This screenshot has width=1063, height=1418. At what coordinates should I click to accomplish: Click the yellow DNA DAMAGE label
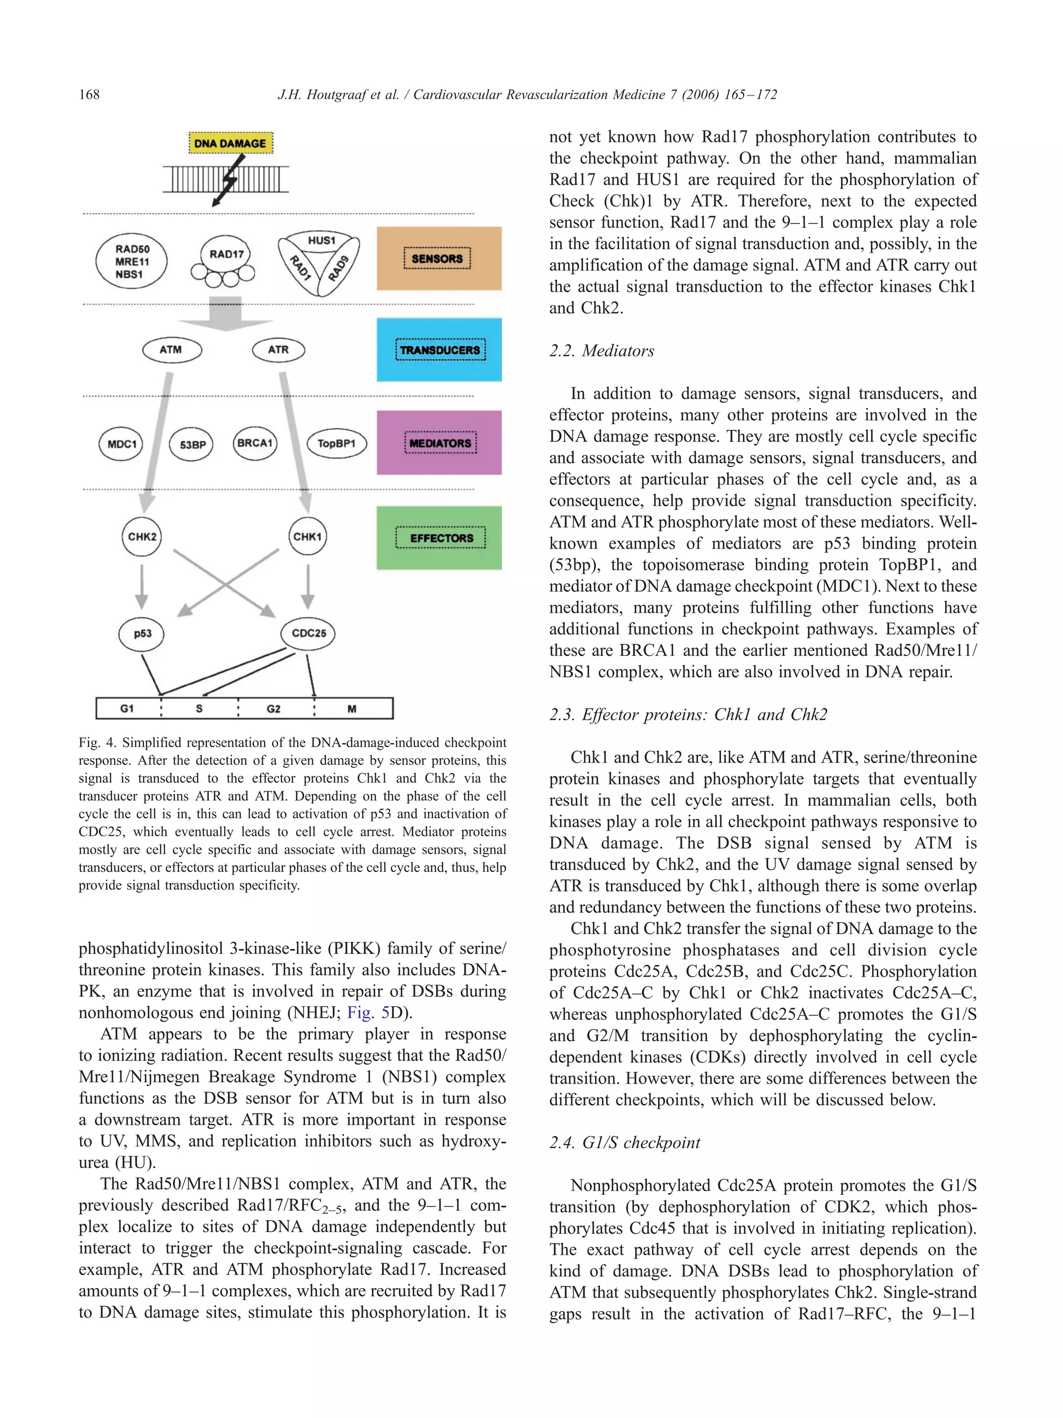(x=230, y=143)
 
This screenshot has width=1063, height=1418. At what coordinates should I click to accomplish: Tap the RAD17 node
(x=226, y=254)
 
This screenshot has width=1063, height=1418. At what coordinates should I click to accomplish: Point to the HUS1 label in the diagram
(x=321, y=241)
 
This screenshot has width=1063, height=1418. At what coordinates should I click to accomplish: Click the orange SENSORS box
(x=439, y=259)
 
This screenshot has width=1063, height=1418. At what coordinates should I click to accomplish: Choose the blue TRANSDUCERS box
(x=439, y=350)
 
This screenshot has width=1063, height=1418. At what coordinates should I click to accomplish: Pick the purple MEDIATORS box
(x=439, y=443)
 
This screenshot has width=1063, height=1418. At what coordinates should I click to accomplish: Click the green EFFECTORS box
(x=439, y=538)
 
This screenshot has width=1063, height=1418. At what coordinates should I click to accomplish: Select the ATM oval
(x=171, y=350)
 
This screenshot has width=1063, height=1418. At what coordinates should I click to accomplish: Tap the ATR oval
(x=278, y=350)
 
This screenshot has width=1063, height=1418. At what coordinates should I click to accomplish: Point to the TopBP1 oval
(x=336, y=443)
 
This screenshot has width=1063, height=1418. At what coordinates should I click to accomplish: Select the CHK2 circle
(x=142, y=536)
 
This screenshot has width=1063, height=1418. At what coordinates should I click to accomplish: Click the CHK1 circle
(x=308, y=536)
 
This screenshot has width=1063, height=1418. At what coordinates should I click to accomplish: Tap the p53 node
(x=142, y=633)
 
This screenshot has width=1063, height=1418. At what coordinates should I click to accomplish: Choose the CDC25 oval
(x=308, y=633)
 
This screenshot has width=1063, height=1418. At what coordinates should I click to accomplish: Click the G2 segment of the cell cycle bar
(x=274, y=708)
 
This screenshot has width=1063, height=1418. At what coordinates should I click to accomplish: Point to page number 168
(x=89, y=95)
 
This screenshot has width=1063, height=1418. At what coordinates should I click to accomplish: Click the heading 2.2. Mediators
(x=602, y=350)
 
